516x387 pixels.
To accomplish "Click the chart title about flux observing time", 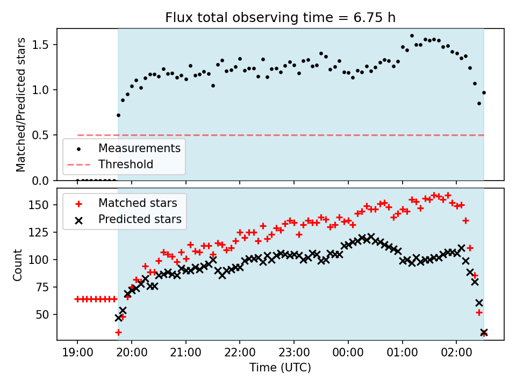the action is point(280,17).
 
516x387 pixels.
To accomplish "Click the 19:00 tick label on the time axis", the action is point(77,353).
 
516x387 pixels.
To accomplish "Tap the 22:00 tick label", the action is point(240,353).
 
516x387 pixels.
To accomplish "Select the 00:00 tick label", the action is point(348,353).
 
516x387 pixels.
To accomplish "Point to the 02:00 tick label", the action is point(456,353).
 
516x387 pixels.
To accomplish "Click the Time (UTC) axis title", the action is point(280,367).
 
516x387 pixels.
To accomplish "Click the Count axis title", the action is point(17,265).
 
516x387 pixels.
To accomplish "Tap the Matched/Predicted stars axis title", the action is point(20,105).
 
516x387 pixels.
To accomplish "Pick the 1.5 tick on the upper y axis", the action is point(40,45).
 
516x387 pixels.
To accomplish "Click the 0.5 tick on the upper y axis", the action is point(40,135).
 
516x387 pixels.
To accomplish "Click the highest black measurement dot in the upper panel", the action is point(412,36).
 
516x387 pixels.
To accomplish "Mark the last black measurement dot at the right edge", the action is point(484,93).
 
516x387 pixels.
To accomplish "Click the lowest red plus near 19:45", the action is point(118,333).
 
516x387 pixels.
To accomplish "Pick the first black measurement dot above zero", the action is point(118,115).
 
